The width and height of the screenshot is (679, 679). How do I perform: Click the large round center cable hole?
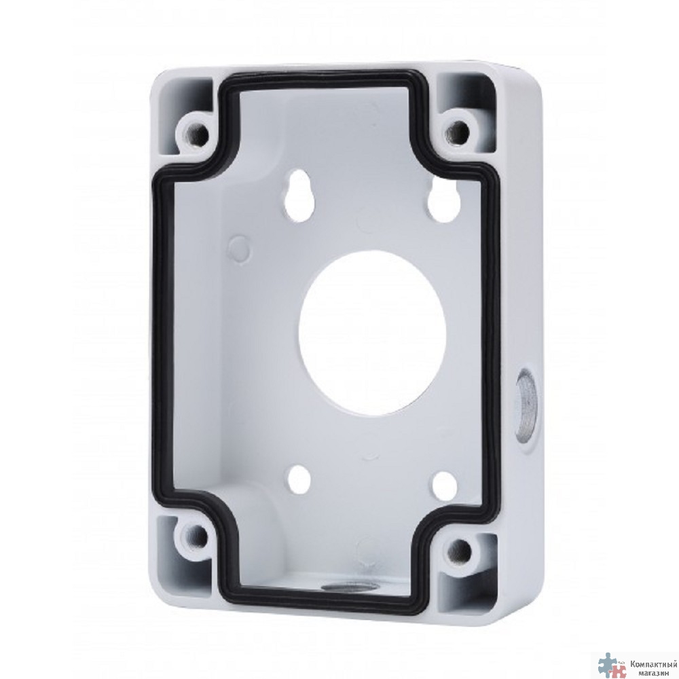372,333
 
